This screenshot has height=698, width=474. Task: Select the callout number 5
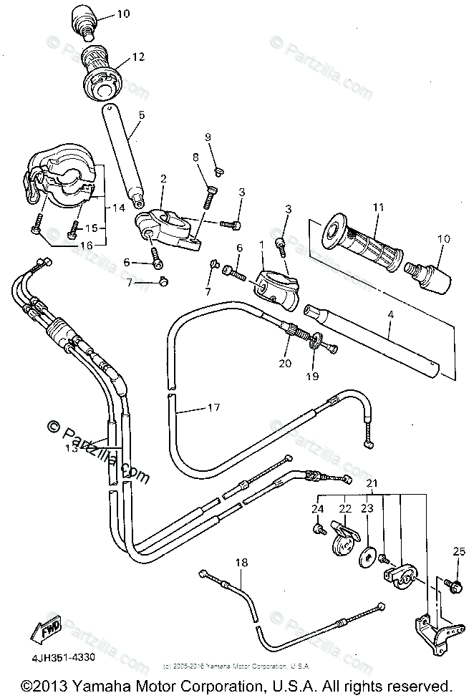[x=141, y=114]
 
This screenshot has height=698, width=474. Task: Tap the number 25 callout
[x=459, y=551]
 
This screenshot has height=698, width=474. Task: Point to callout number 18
[x=241, y=563]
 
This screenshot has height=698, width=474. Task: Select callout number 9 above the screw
[x=208, y=137]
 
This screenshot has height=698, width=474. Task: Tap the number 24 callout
[x=317, y=509]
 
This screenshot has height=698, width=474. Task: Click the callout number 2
[x=164, y=178]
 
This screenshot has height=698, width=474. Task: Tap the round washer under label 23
[x=367, y=556]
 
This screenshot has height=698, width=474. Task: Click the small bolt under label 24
[x=316, y=529]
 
